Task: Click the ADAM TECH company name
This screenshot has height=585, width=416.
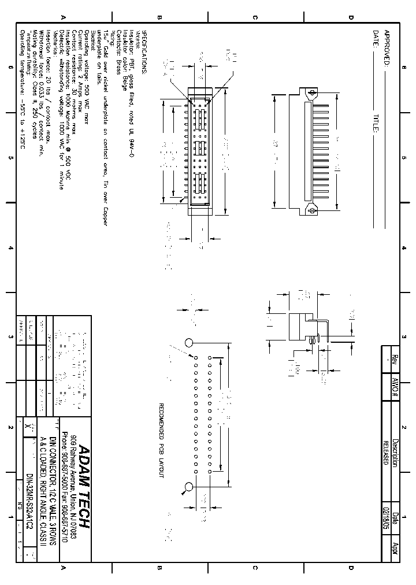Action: (x=83, y=486)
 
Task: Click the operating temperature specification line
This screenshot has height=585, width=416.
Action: (x=23, y=89)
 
